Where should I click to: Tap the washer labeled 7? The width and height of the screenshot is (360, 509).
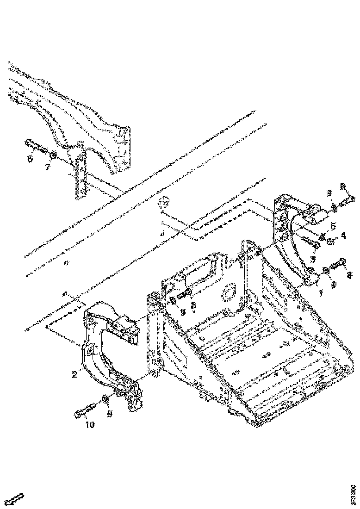tap(53, 155)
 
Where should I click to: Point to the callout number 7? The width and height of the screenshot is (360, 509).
tap(47, 167)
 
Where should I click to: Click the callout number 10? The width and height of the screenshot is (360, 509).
tap(89, 425)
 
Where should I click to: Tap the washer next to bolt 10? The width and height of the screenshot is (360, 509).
tap(106, 398)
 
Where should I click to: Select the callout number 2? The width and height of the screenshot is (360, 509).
tap(74, 374)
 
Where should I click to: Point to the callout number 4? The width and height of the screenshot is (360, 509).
tap(343, 235)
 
